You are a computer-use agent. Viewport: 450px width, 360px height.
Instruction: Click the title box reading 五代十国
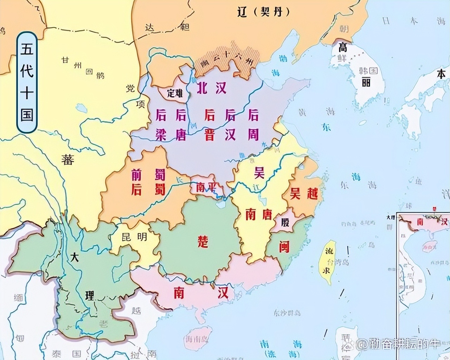[x=27, y=82]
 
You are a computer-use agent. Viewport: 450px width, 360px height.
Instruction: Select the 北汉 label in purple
[x=211, y=88]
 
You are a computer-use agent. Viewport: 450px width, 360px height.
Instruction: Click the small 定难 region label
[x=175, y=93]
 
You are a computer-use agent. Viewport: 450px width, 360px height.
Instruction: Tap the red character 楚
[x=203, y=242]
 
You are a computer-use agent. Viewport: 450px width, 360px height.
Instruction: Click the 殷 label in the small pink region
[x=285, y=222]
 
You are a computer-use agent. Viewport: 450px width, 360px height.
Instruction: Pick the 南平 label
[x=206, y=187]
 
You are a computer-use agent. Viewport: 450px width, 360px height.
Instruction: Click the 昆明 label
[x=135, y=237]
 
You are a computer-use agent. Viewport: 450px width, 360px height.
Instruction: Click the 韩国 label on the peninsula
[x=368, y=71]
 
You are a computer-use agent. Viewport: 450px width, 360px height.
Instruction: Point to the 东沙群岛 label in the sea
[x=287, y=313]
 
